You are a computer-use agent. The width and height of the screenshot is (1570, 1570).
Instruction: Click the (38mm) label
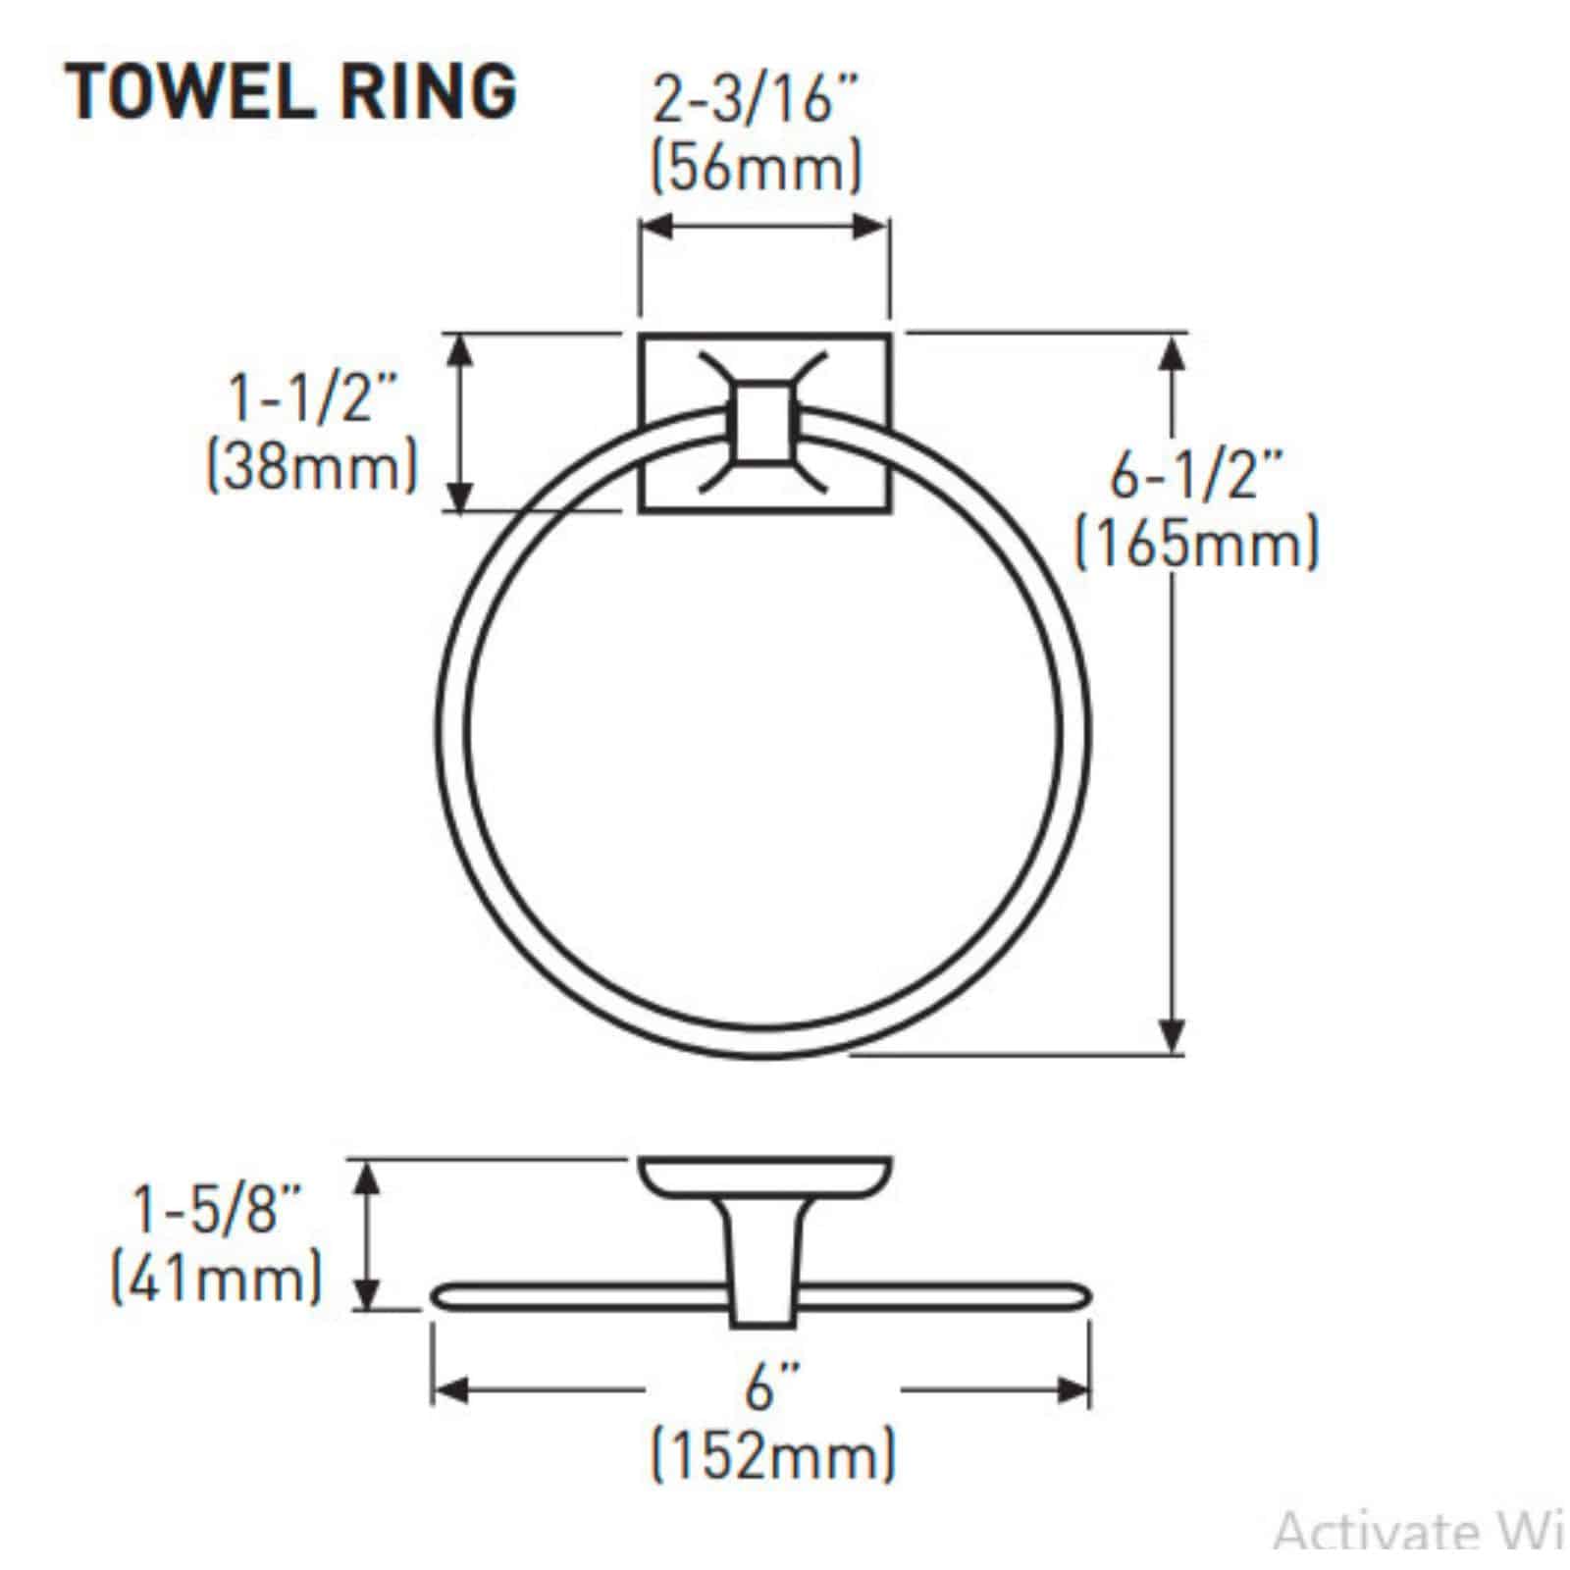[x=312, y=467]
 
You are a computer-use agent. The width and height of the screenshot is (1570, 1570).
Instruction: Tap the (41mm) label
[x=216, y=1280]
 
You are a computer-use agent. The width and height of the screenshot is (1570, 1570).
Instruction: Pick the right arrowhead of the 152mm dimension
[x=1074, y=1389]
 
